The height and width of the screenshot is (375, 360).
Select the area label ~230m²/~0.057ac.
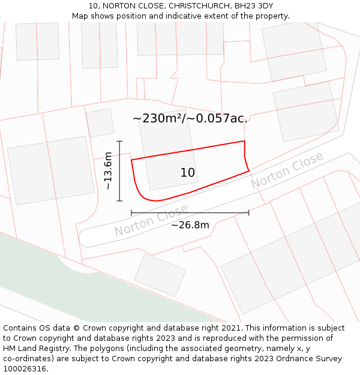click(190, 118)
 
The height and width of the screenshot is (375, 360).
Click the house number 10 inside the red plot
click(188, 173)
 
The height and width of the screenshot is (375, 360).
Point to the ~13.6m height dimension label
click(108, 171)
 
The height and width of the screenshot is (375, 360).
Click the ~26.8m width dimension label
click(190, 226)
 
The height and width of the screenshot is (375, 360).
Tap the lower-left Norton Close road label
click(151, 221)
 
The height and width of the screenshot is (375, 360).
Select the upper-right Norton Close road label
click(287, 170)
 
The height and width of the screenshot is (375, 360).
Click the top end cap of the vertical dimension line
click(120, 142)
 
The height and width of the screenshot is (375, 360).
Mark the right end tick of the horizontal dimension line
click(248, 212)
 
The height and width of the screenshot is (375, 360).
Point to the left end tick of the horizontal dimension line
click(131, 212)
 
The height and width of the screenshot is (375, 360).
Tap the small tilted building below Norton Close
click(160, 275)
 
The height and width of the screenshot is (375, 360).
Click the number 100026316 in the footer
click(25, 369)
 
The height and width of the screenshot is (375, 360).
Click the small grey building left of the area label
click(100, 123)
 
